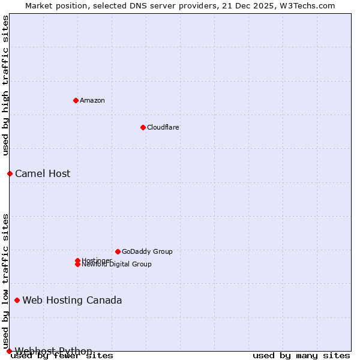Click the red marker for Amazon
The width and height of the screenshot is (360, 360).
tap(76, 100)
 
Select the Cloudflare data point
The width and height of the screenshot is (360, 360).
tap(143, 127)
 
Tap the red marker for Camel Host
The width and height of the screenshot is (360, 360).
tap(10, 173)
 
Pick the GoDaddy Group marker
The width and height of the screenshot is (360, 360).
tap(118, 251)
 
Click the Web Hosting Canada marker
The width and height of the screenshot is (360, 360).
tap(17, 300)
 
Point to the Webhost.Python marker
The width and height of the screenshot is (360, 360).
tap(9, 351)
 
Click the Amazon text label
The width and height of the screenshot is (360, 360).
tap(92, 100)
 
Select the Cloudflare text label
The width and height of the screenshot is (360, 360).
tap(163, 127)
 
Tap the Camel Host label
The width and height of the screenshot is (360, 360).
tap(43, 173)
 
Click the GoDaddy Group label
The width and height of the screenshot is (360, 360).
tap(147, 251)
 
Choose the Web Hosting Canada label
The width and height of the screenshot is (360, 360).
tap(72, 300)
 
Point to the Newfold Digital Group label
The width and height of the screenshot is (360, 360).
tap(117, 264)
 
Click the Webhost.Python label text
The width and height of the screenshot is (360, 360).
tap(53, 351)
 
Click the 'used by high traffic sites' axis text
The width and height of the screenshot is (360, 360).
tap(6, 85)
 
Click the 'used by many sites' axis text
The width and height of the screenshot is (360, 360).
tap(301, 356)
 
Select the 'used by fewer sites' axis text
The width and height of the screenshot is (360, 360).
tap(62, 356)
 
